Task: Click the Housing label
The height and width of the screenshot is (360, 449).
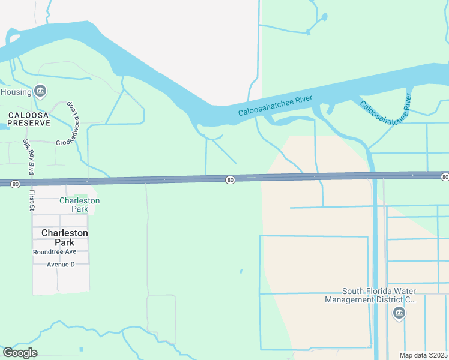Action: click(16, 92)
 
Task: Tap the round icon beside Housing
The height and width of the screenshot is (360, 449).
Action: click(40, 91)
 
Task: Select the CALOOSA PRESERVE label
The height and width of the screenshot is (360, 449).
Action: click(28, 118)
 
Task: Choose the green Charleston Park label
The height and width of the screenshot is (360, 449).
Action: click(79, 205)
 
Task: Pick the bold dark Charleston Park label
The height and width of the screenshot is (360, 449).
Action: click(65, 237)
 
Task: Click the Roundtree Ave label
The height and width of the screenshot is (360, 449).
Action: click(54, 253)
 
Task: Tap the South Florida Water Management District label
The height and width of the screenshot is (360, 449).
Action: click(370, 295)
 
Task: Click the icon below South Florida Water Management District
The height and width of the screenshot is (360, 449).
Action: click(399, 313)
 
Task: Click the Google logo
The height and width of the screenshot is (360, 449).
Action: click(20, 352)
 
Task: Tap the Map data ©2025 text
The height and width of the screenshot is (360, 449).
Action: click(423, 355)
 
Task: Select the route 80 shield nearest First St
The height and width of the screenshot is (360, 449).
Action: click(15, 184)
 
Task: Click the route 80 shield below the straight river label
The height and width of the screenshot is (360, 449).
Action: click(230, 180)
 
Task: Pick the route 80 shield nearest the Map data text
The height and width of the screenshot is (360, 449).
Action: click(444, 177)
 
